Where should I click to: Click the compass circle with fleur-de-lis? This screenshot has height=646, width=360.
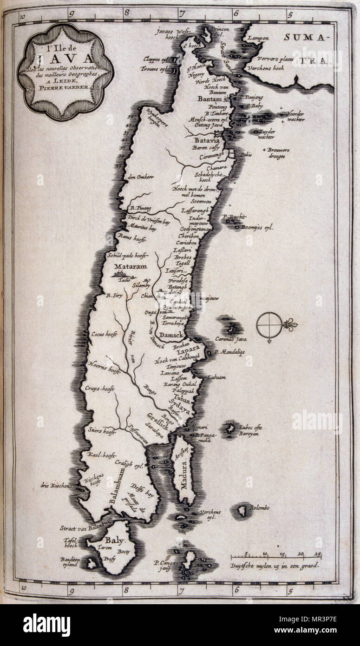tap(269, 324)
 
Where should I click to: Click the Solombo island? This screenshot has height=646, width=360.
tap(242, 511)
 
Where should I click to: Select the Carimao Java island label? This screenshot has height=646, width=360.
tap(230, 340)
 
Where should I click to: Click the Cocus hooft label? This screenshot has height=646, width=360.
tap(103, 333)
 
